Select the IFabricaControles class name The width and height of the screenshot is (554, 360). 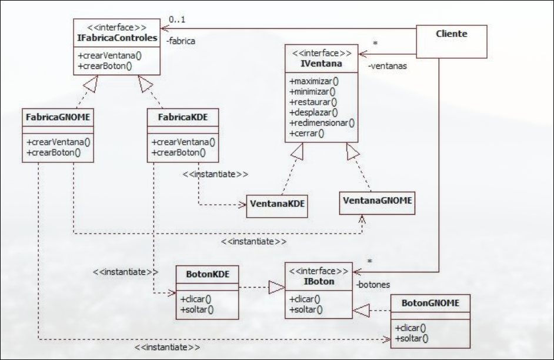point(117,38)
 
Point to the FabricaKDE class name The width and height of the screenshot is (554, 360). point(181,116)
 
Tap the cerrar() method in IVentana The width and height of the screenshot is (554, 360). point(307,134)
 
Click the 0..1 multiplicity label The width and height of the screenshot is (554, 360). point(176,19)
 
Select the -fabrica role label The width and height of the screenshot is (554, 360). point(181,41)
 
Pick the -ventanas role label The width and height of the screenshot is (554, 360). point(386,66)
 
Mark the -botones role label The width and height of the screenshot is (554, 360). point(373,284)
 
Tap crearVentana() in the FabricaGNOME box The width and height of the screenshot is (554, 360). point(55,142)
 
